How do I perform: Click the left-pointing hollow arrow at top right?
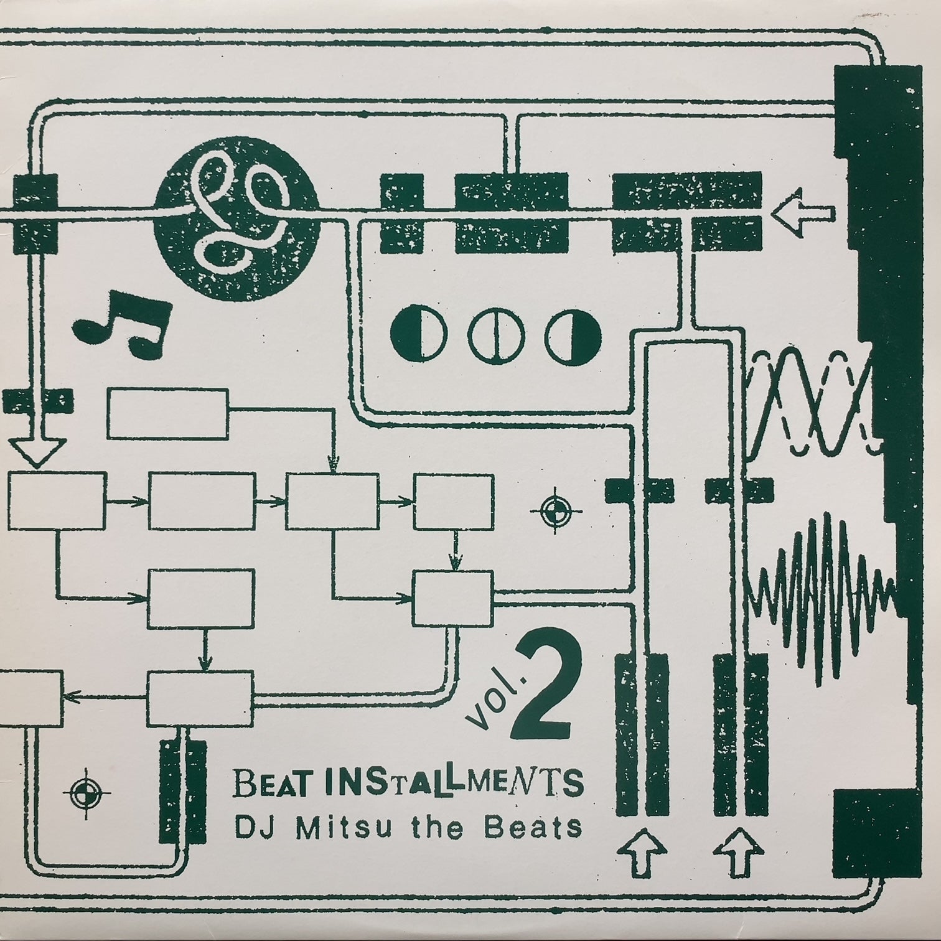point(803,213)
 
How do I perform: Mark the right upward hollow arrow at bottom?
point(740,851)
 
